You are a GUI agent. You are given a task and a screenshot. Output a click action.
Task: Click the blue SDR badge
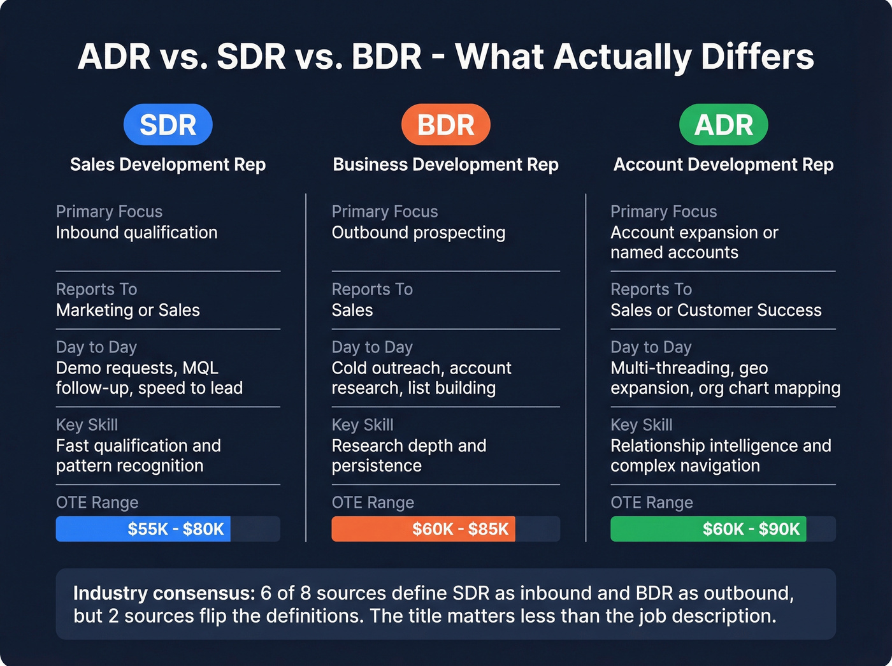point(168,125)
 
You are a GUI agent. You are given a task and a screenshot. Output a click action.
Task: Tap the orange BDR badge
point(445,125)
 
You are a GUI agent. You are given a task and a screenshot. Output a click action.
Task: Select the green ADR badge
point(723,125)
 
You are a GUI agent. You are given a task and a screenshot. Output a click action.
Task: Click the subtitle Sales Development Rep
point(168,164)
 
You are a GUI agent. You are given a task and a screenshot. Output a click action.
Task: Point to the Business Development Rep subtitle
point(445,164)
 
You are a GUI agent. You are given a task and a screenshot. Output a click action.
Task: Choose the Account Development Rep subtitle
point(723,164)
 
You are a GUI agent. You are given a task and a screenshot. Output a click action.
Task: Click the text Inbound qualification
point(136,233)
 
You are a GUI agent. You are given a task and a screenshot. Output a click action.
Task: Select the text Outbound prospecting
point(418,233)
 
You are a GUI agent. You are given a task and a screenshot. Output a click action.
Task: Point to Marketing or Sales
point(127,310)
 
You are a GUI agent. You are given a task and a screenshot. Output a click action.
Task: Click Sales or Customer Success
point(716,310)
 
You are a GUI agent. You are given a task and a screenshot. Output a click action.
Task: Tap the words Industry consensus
point(164,593)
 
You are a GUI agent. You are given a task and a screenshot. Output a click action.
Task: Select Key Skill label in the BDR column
point(363,425)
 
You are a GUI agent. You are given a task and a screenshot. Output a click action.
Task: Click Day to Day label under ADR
point(651,347)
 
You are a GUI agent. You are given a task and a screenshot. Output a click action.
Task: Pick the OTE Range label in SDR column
point(97,503)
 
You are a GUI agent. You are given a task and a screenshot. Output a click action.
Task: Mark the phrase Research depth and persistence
point(408,455)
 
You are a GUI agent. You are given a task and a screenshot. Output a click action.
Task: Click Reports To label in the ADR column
point(651,289)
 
